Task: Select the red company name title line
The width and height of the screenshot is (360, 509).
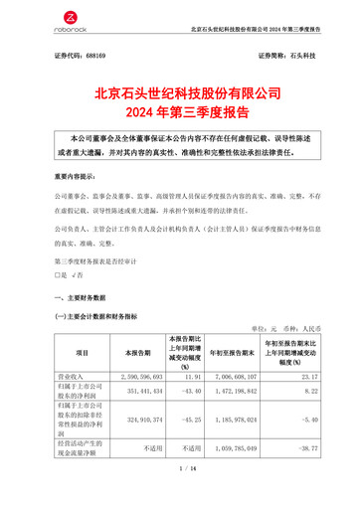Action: [x=180, y=91]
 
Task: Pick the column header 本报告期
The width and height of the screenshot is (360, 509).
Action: [x=131, y=352]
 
